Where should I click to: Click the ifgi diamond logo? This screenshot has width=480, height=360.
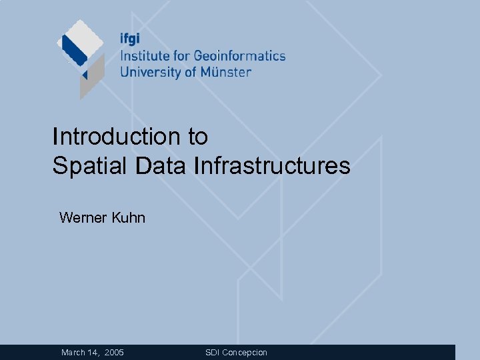(81, 56)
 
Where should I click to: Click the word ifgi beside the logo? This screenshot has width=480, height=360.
(131, 39)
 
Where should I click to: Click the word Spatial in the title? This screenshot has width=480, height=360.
(90, 166)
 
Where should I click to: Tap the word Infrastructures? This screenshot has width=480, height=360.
(271, 166)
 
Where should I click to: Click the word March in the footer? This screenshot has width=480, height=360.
(73, 352)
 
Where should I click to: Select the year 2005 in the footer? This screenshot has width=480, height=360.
(114, 352)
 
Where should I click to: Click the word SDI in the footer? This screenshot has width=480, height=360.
(212, 352)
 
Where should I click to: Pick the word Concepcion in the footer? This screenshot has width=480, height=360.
(245, 352)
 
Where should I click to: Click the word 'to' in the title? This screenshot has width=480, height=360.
(198, 137)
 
